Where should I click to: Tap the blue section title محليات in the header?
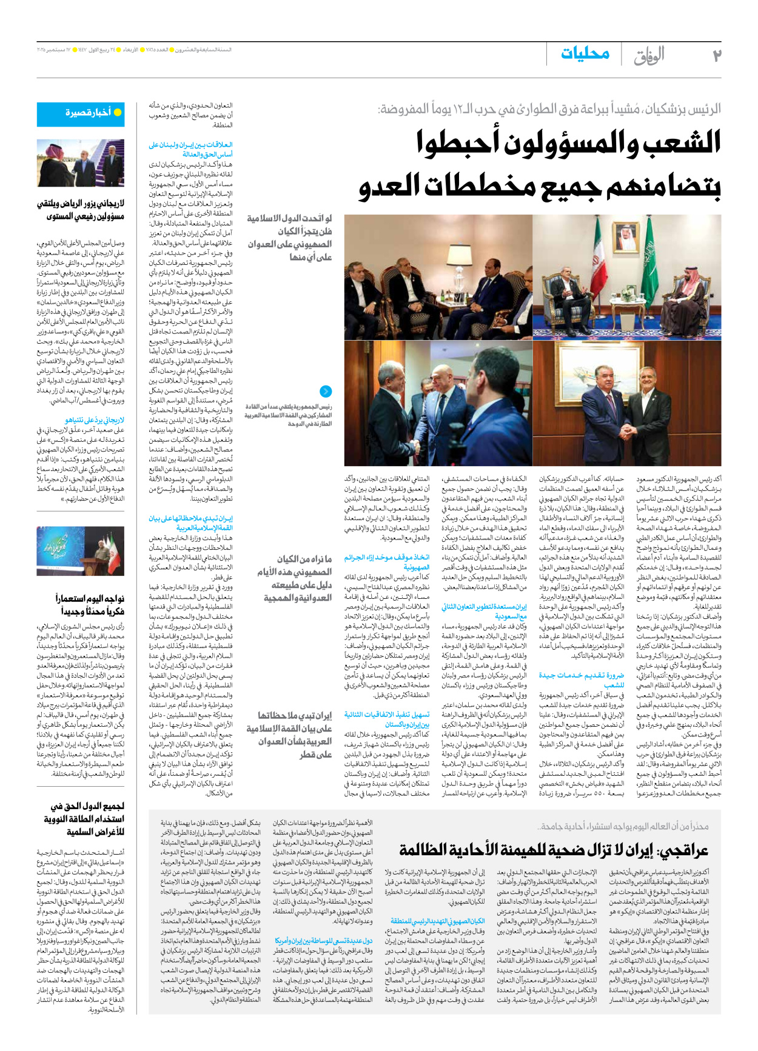585,53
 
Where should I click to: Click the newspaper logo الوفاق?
649,56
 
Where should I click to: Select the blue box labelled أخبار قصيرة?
81,113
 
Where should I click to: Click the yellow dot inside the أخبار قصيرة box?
118,113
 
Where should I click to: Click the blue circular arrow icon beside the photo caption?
326,392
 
